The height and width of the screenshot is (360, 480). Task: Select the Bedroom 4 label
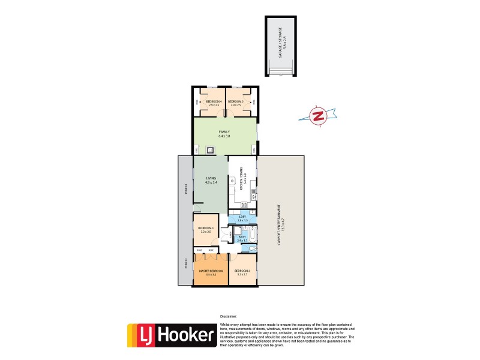click(x=214, y=101)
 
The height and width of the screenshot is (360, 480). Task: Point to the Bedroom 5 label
click(x=235, y=101)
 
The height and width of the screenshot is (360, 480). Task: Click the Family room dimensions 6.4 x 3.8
click(x=224, y=136)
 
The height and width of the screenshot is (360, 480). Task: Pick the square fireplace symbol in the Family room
click(x=209, y=150)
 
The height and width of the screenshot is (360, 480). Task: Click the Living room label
click(x=211, y=178)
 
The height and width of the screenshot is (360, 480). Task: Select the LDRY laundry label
click(x=242, y=217)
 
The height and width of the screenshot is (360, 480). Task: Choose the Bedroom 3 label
click(x=206, y=228)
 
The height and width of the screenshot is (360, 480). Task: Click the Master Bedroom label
click(x=211, y=271)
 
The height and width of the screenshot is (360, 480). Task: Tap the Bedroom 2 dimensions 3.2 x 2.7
click(x=242, y=275)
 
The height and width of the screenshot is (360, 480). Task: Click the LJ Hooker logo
click(x=171, y=335)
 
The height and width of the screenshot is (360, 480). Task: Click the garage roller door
click(x=280, y=72)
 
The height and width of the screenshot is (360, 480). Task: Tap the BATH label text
click(x=242, y=238)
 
